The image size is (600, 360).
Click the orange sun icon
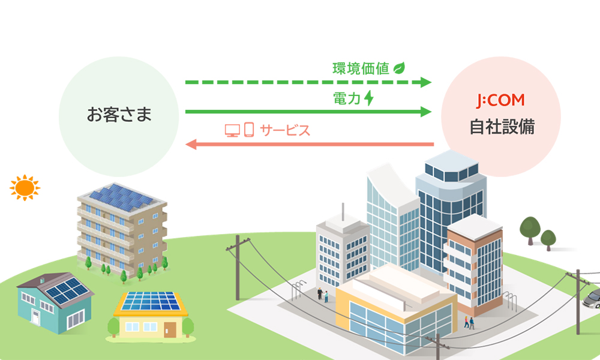(x=25, y=187)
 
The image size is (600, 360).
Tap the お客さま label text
(x=119, y=115)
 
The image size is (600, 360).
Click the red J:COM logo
(x=501, y=100)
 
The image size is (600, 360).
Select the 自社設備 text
(x=502, y=127)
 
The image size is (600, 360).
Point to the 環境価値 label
(x=361, y=68)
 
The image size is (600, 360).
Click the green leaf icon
(x=399, y=68)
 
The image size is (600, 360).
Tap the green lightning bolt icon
(x=369, y=98)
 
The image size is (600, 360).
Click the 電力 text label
(x=347, y=98)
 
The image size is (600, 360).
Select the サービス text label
(x=284, y=130)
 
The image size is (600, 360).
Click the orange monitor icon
(x=232, y=130)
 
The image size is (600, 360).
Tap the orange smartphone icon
(x=249, y=130)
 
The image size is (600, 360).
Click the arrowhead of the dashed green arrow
(x=426, y=82)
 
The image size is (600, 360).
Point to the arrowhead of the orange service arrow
(x=191, y=144)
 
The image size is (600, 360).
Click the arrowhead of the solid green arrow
(x=426, y=112)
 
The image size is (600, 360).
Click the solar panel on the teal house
(x=67, y=290)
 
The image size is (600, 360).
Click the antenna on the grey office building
(x=343, y=212)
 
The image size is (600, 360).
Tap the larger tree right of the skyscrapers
(x=530, y=230)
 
